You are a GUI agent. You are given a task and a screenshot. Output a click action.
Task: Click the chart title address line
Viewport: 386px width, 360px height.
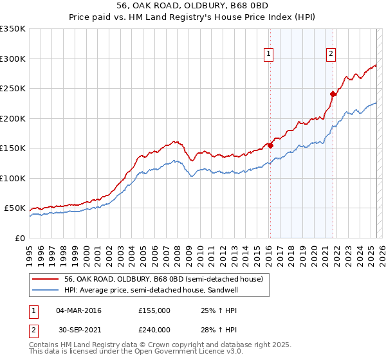tap(192, 6)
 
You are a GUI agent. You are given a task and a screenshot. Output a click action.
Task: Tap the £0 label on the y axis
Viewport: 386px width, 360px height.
tap(21, 238)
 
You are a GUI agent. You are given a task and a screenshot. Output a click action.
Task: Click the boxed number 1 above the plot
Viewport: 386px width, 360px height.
tap(268, 55)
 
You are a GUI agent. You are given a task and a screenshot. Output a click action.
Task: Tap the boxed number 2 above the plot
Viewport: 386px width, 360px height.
tap(331, 55)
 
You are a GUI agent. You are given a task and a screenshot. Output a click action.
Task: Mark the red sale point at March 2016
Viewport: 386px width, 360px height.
tap(270, 145)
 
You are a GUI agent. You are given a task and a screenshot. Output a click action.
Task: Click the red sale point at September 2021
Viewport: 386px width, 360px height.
tap(333, 94)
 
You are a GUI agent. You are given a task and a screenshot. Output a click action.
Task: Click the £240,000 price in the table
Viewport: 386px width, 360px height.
tap(154, 329)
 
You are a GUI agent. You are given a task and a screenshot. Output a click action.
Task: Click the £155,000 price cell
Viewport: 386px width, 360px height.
tap(154, 310)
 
